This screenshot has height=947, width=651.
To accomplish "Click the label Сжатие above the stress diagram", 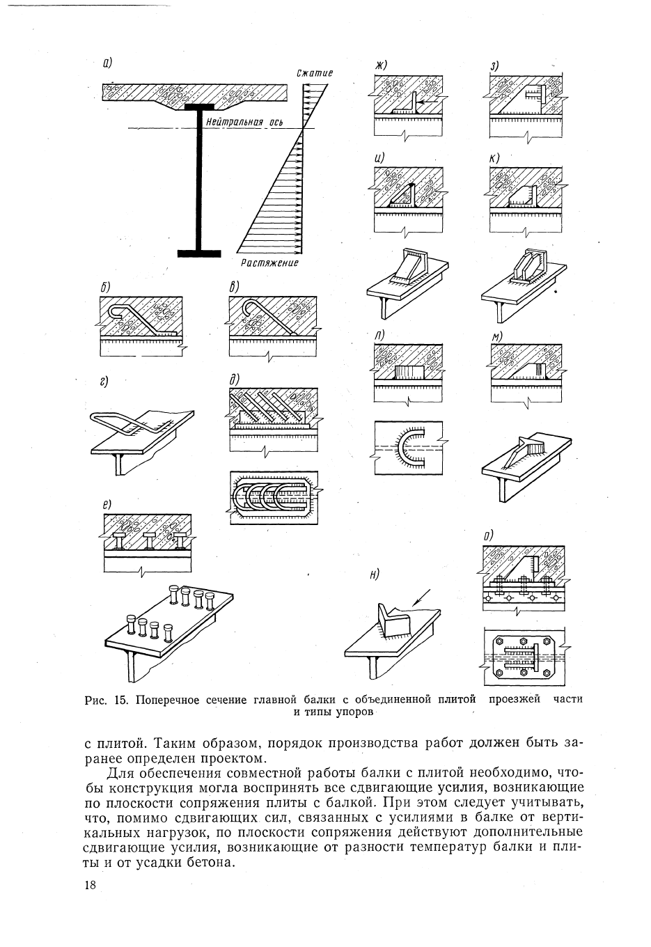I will click(x=315, y=73).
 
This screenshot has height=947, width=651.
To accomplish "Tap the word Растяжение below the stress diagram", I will click(x=269, y=263).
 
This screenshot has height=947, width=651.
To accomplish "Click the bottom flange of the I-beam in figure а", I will click(x=200, y=253).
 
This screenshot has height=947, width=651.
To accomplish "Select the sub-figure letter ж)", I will click(x=381, y=65).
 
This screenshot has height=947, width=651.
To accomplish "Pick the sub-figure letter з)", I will click(x=495, y=66).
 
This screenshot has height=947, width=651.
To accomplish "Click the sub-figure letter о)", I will click(x=488, y=536).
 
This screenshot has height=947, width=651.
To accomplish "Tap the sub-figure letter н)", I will click(x=375, y=574).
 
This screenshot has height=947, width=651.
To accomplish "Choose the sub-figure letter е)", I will click(x=108, y=503).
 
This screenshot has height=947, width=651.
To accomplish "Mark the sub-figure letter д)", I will click(x=233, y=379).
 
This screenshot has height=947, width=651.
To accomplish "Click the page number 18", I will click(x=90, y=885).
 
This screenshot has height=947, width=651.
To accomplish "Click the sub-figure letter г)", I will click(x=104, y=381).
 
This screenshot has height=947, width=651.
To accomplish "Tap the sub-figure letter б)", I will click(x=105, y=287).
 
